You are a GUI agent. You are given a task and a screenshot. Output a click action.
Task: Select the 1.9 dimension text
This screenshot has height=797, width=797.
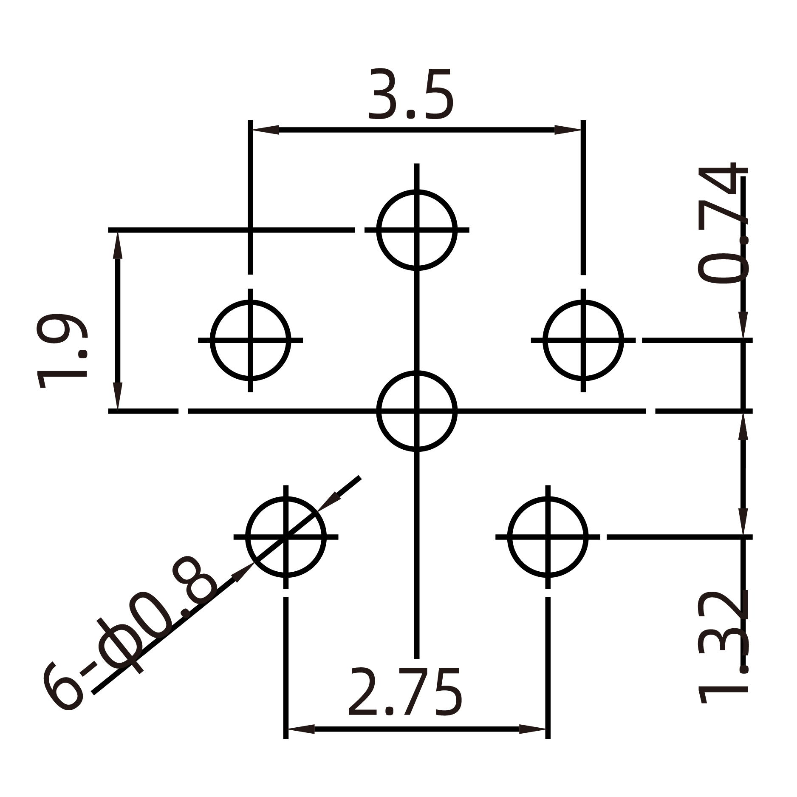[62, 351]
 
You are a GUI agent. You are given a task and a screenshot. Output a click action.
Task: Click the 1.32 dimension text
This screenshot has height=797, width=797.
[723, 653]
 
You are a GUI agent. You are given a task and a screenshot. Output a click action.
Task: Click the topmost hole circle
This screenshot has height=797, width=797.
[417, 230]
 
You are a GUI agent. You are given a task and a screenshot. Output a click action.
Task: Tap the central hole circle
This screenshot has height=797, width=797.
[417, 411]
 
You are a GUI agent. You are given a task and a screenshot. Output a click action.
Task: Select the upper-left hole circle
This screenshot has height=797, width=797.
[250, 340]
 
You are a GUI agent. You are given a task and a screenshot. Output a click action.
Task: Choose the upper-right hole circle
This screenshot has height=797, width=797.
[583, 340]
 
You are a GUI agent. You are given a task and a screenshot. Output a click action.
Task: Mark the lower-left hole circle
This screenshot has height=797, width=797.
[286, 537]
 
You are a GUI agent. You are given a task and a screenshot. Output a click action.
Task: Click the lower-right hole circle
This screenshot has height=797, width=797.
[548, 537]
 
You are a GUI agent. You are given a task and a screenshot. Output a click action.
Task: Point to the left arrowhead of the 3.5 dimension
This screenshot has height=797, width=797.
[266, 130]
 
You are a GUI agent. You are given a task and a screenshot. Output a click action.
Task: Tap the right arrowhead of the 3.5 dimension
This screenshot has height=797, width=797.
[568, 130]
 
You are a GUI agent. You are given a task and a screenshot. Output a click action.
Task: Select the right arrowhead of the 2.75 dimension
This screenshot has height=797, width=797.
[533, 729]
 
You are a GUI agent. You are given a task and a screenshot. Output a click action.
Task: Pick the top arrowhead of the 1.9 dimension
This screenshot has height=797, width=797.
[118, 246]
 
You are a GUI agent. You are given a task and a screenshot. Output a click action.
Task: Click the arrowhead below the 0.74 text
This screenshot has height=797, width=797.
[743, 325]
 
